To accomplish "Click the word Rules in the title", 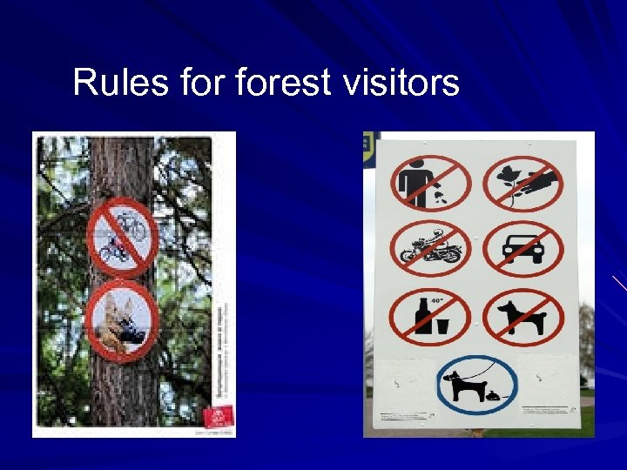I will click(109, 83).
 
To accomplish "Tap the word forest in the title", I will click(283, 83).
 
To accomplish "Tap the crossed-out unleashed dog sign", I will click(522, 317).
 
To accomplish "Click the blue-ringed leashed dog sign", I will click(476, 384).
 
